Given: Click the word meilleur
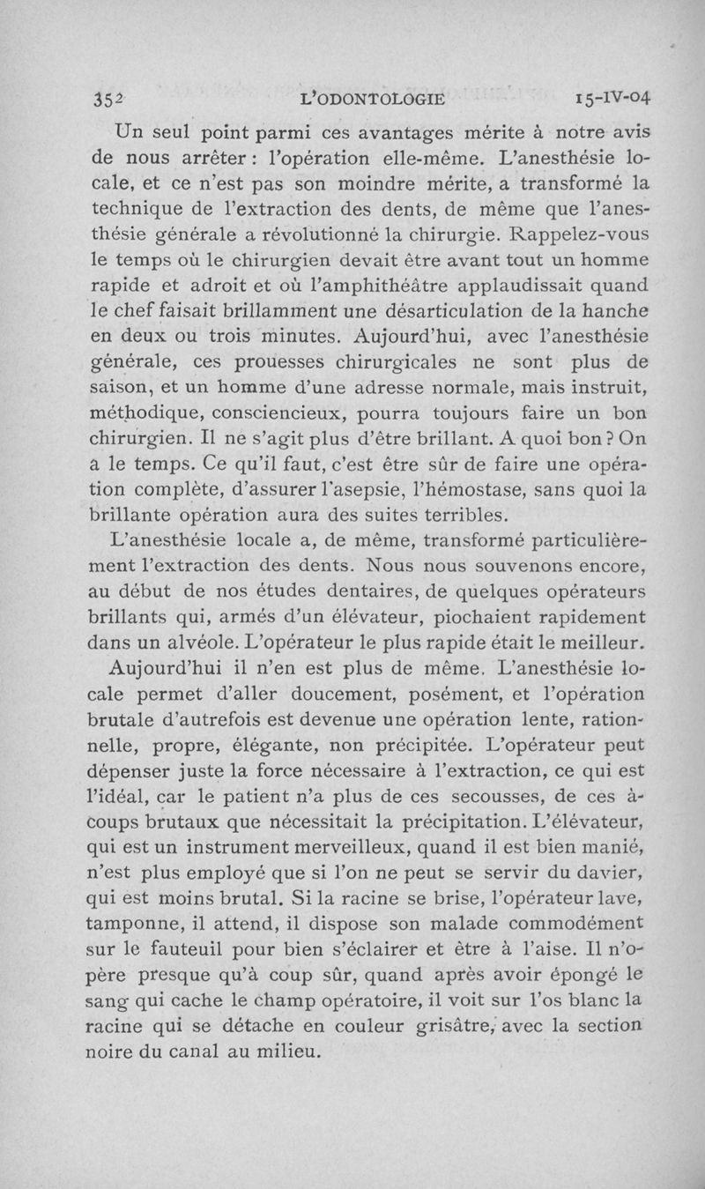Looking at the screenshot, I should coord(602,641).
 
